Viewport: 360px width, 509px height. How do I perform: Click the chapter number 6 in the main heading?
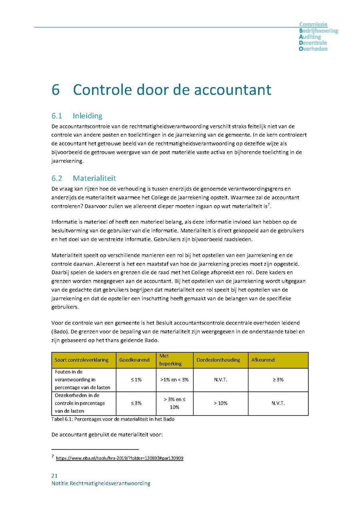[x=56, y=90]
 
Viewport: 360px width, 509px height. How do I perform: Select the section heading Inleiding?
[x=87, y=116]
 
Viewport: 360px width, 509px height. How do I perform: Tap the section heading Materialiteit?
[x=94, y=178]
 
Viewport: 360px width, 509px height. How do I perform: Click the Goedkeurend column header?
[x=134, y=360]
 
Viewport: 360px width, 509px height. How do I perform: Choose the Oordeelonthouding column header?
[x=218, y=360]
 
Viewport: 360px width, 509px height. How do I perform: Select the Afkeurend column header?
[x=263, y=360]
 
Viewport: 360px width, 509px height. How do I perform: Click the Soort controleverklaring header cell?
[x=82, y=360]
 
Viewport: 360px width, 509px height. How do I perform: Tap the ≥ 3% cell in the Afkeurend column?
[x=278, y=379]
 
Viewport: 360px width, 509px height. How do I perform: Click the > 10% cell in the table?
[x=220, y=403]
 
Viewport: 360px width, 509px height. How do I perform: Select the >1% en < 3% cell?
[x=174, y=379]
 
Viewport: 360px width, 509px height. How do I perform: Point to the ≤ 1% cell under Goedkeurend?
[x=136, y=379]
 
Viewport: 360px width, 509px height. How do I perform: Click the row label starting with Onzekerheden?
[x=80, y=403]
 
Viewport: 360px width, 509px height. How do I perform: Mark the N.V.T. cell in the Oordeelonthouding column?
[x=220, y=379]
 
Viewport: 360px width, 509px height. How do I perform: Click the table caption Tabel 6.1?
[x=113, y=419]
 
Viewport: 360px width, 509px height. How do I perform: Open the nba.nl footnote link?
[x=119, y=458]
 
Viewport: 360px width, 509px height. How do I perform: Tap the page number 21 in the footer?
[x=54, y=475]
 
